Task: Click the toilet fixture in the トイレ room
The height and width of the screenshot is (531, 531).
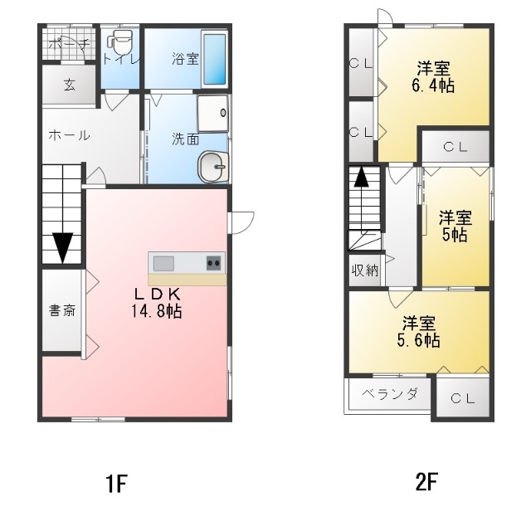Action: click(120, 42)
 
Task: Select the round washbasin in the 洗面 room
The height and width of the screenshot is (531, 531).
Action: click(212, 166)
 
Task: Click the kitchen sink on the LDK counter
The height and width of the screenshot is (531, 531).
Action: click(163, 263)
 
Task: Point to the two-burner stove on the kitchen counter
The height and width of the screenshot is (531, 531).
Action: click(213, 263)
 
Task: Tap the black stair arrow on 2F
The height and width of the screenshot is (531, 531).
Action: click(361, 177)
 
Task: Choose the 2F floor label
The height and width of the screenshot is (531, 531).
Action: click(426, 484)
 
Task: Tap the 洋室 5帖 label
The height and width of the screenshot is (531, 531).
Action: click(455, 226)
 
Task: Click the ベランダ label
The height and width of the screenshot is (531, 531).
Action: click(388, 394)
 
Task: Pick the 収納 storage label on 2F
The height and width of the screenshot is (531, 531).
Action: click(364, 269)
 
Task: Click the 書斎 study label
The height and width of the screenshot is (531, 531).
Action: click(62, 311)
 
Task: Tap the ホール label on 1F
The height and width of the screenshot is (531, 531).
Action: click(69, 135)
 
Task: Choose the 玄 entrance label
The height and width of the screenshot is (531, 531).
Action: click(70, 85)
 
